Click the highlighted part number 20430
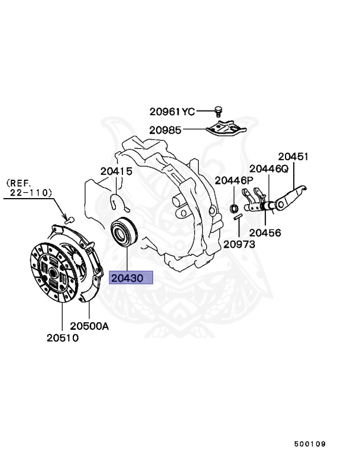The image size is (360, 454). point(131,278)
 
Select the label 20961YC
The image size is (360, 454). point(171,111)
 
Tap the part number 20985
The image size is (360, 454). point(166,130)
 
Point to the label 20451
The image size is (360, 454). point(294,157)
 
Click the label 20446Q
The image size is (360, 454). point(268,168)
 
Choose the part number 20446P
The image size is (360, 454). point(233,180)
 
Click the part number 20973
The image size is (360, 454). point(239,244)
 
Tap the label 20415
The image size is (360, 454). point(116,171)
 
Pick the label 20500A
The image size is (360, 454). point(90,326)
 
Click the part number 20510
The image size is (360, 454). point(63,338)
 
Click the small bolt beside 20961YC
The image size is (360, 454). point(218,111)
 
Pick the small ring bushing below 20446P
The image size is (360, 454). point(233,208)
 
